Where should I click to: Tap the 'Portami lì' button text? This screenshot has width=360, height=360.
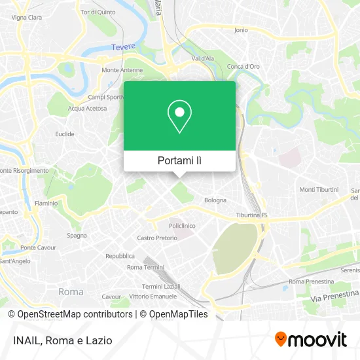click(x=179, y=160)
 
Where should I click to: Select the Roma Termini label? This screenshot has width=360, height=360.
click(x=145, y=267)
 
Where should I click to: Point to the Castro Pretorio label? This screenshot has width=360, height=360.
click(x=153, y=238)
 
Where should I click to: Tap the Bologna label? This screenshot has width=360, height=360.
click(x=215, y=200)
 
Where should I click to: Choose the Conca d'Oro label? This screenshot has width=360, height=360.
click(x=243, y=66)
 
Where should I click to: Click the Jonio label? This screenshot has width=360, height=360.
click(x=241, y=29)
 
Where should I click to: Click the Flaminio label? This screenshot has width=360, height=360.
click(x=46, y=203)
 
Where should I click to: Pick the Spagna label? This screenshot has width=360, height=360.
click(x=77, y=235)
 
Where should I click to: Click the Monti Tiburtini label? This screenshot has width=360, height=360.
click(x=319, y=190)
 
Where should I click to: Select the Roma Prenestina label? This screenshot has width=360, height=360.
click(x=307, y=281)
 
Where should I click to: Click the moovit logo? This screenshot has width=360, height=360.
click(x=311, y=339)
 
